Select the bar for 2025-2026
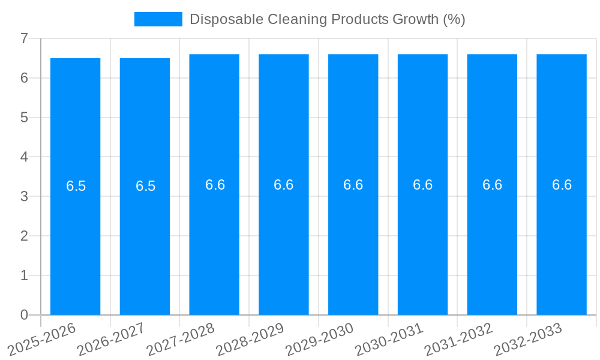(75, 240)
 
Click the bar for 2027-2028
(214, 240)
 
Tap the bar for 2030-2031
(422, 240)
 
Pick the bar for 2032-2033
(562, 240)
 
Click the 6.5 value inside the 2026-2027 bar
(145, 186)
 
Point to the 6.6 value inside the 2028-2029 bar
(284, 185)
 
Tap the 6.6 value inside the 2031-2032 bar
(492, 185)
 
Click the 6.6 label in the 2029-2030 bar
(353, 185)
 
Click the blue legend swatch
(158, 19)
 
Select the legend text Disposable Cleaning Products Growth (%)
(327, 19)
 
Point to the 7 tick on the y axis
(24, 38)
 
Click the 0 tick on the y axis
(24, 315)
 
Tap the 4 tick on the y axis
(24, 157)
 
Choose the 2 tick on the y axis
(24, 236)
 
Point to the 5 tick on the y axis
(24, 118)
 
